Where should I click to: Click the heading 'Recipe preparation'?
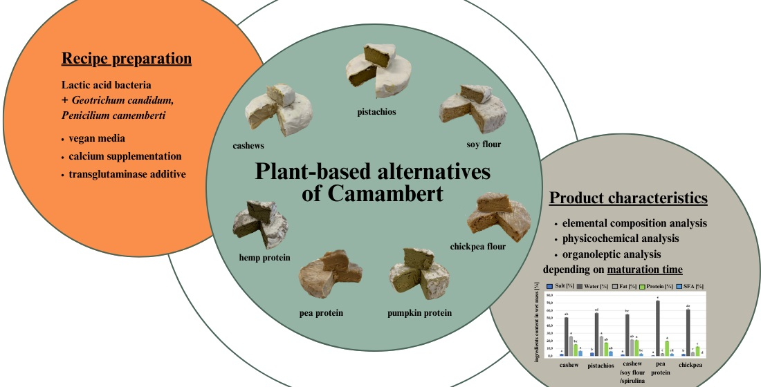point(127,59)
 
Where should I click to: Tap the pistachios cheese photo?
point(377,71)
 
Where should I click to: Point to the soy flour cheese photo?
point(470,110)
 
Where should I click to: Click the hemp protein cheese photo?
point(259,224)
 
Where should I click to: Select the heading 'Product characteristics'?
point(628,198)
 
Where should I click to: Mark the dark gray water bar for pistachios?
point(596,334)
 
